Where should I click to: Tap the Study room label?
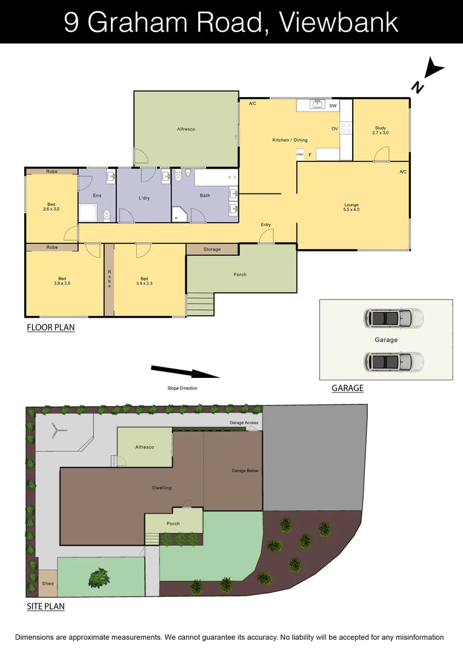381,130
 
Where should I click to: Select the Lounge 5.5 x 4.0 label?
351,207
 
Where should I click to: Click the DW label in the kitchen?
333,106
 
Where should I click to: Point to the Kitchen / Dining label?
290,140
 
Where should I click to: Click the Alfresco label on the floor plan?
185,129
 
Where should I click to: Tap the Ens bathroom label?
96,195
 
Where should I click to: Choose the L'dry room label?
144,198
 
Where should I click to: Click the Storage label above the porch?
212,249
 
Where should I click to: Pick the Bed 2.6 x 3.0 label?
50,207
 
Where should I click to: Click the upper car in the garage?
393,317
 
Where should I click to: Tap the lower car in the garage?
393,362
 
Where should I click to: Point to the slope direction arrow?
184,371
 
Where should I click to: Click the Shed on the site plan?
47,583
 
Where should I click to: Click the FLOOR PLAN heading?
50,327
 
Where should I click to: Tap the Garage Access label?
244,423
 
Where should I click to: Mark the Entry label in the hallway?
266,225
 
